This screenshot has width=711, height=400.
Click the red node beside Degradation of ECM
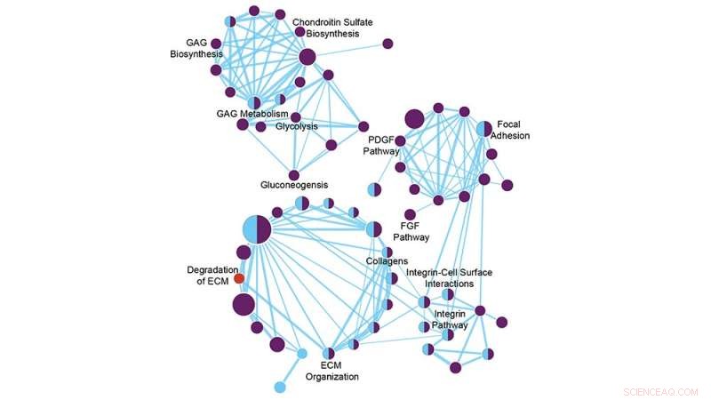point(239,278)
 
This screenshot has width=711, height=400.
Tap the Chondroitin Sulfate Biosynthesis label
point(332,28)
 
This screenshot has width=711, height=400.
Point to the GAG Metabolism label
point(252,115)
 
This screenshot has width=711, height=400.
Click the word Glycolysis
point(296,126)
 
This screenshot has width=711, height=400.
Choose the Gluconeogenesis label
point(294,185)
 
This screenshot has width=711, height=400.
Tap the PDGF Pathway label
point(382,145)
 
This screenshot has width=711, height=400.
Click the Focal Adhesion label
point(514,130)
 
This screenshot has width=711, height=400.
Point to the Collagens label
point(387,260)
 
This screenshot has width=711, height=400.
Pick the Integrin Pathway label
point(451,320)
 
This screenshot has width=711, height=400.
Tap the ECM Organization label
point(332,371)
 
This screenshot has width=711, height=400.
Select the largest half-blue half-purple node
point(257,228)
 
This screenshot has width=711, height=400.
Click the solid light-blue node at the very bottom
point(280,386)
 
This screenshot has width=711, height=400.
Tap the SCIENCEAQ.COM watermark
point(661,390)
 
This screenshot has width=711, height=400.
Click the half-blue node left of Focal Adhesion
point(483,129)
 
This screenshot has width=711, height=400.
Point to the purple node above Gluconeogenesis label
point(294,175)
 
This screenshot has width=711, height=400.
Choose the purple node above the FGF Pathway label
point(410,214)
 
